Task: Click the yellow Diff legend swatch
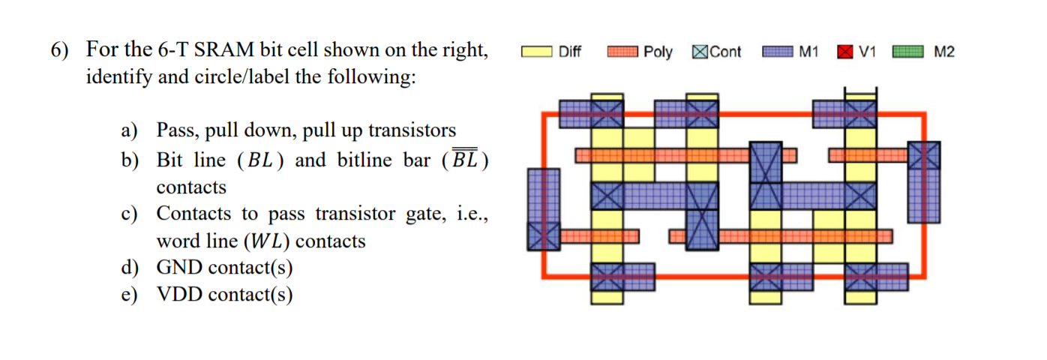pos(536,52)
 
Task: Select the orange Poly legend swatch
pos(622,52)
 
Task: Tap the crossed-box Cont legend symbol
pos(700,52)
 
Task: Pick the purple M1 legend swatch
pos(777,52)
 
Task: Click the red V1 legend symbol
pos(845,52)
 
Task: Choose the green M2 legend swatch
pos(907,52)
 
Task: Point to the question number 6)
pos(60,50)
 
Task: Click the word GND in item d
pos(180,268)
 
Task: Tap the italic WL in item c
pos(266,241)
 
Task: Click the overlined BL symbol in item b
pos(464,159)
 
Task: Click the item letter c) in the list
pos(130,214)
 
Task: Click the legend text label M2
pos(943,52)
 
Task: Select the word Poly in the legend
pos(658,52)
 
